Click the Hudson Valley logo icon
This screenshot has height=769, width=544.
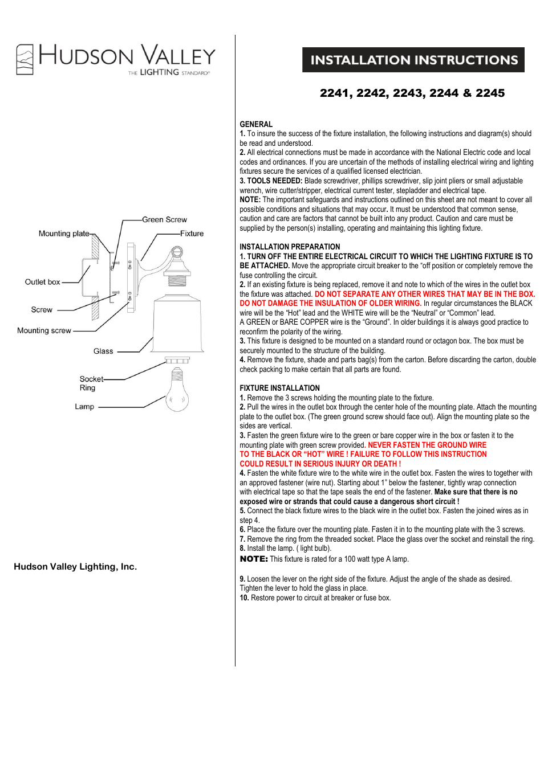pos(25,59)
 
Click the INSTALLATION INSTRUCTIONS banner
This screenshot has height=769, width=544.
pos(413,60)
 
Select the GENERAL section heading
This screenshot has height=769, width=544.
pos(256,124)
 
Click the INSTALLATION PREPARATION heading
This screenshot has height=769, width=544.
pos(290,247)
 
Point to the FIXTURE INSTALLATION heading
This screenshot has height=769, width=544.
pos(279,388)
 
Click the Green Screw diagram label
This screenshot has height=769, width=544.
pos(164,219)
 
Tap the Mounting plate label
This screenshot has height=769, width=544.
pos(64,234)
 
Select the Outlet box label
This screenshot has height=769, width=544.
pos(42,282)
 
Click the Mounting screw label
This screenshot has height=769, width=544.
pos(44,330)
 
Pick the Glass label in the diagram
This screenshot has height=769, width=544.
pos(103,351)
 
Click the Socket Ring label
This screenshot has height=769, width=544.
pos(90,383)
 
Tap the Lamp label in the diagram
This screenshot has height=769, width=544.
pos(84,407)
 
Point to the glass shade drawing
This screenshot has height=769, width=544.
pos(177,325)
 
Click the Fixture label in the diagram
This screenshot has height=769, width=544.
pos(192,234)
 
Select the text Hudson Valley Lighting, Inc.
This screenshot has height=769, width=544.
pos(75,567)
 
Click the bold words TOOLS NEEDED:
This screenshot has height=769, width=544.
pos(274,181)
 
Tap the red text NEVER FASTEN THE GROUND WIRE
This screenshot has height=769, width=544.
pos(427,445)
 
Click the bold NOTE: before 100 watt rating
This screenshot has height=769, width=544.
pos(254,559)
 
